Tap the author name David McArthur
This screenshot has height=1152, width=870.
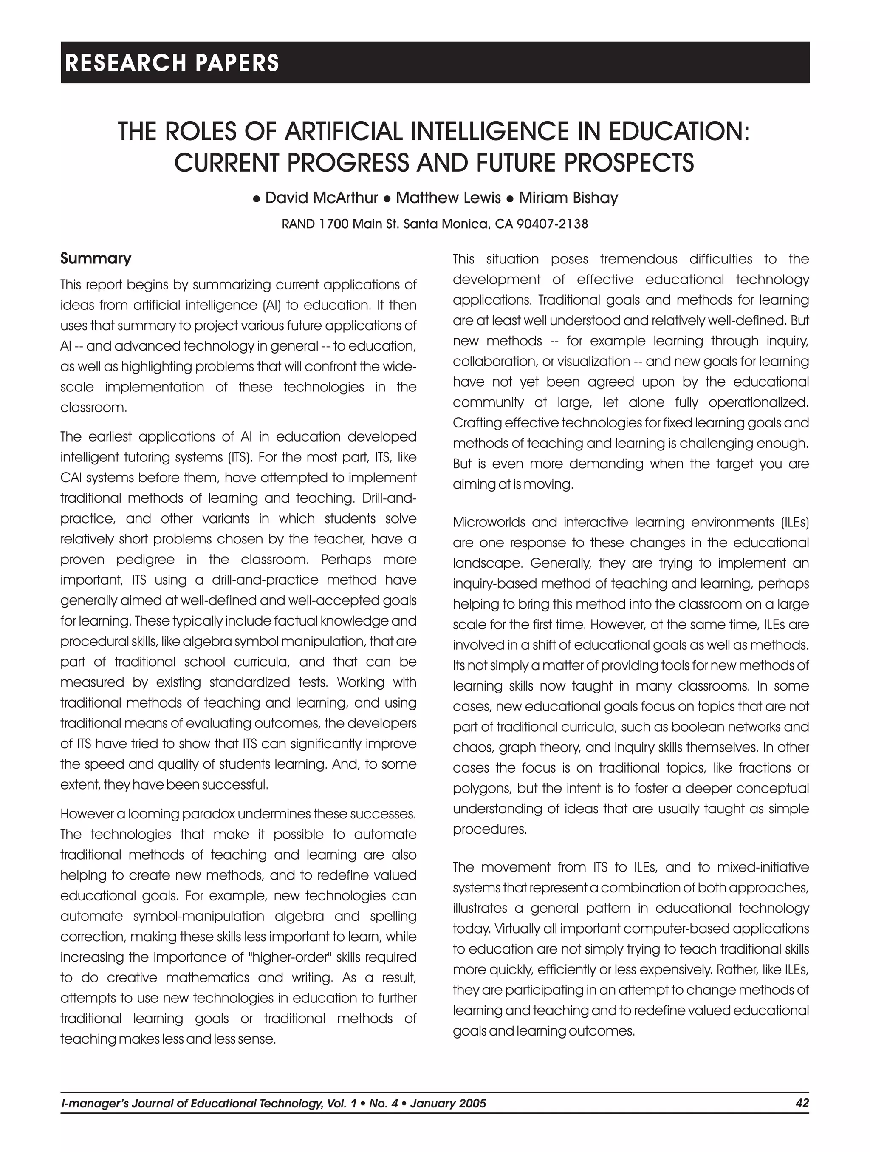click(x=321, y=198)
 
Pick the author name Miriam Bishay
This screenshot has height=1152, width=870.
click(x=568, y=198)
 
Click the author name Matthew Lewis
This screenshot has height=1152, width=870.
click(x=448, y=198)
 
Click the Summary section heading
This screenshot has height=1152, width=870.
click(x=96, y=258)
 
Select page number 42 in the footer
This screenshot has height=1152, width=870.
click(x=802, y=1103)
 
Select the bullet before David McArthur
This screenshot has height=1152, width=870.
click(x=256, y=198)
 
